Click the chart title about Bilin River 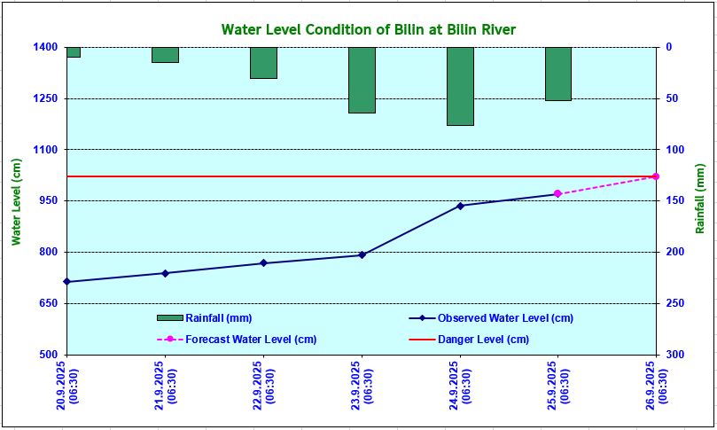click(368, 29)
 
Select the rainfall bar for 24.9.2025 click(460, 86)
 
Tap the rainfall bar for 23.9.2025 click(362, 80)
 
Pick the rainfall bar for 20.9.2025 click(73, 52)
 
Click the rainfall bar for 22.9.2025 click(263, 63)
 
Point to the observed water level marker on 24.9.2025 click(460, 206)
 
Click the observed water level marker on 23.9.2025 click(362, 254)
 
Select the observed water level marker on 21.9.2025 click(165, 273)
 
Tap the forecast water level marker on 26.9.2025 click(656, 176)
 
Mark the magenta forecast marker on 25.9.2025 click(557, 193)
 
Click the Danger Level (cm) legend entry click(483, 340)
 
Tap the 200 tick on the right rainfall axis click(674, 252)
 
